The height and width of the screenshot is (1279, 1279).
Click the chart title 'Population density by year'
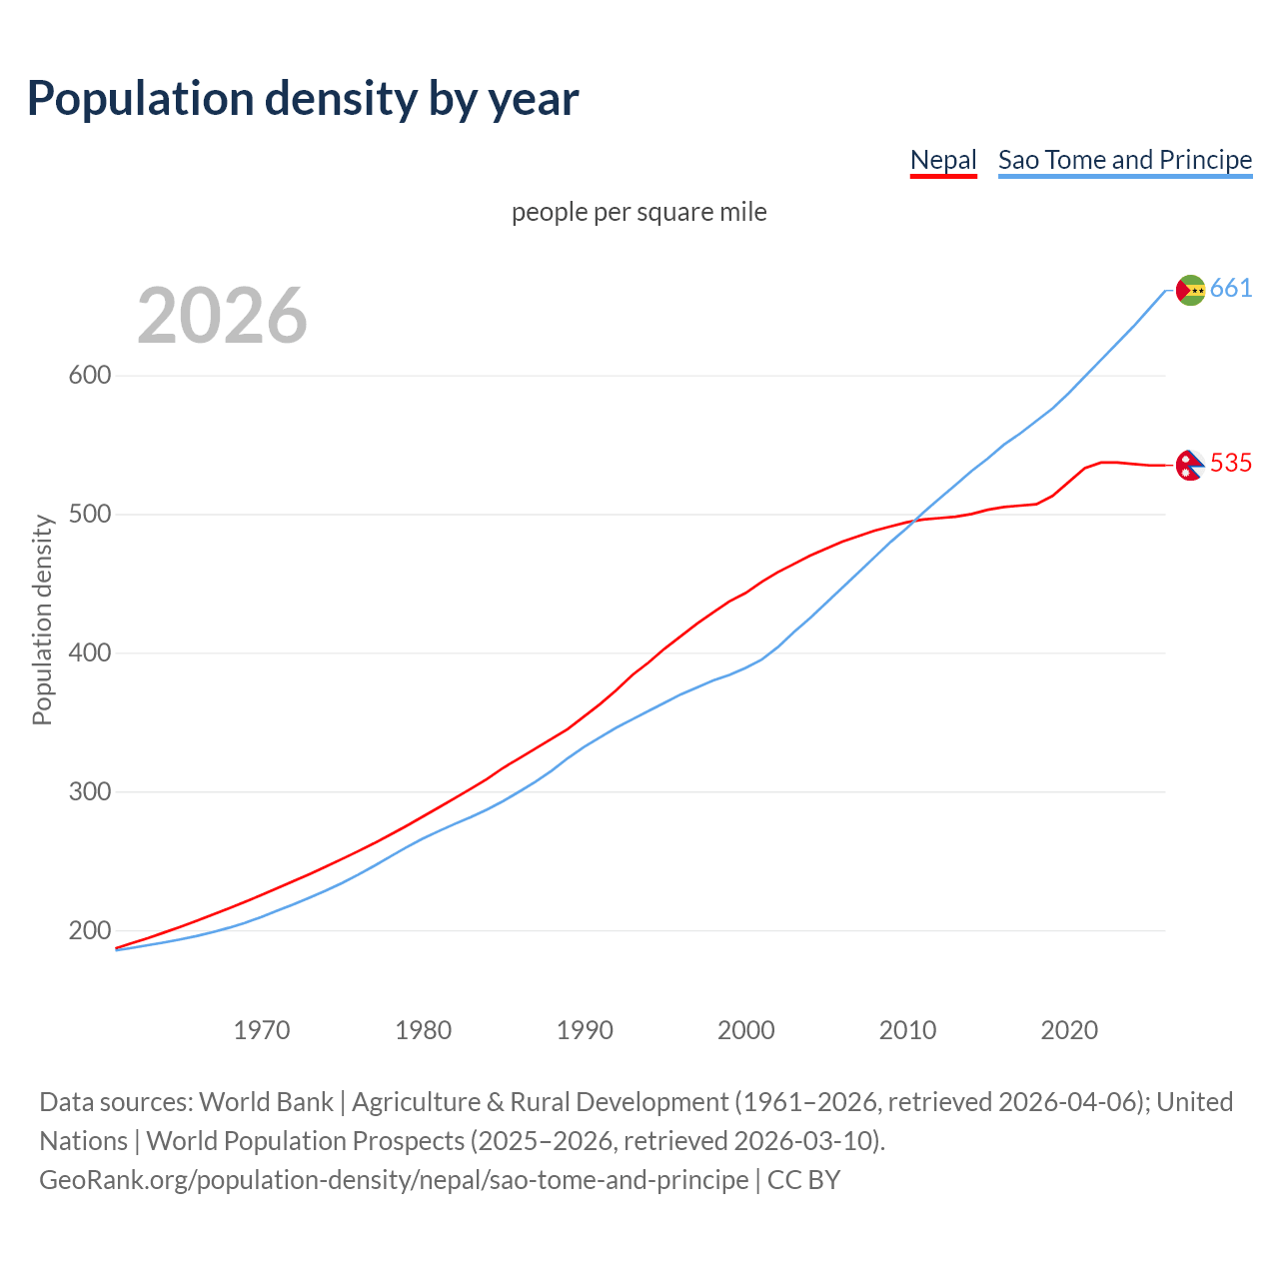coord(303,98)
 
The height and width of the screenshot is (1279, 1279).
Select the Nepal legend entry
coord(942,160)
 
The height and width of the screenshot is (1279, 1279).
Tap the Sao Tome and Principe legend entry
coord(1124,160)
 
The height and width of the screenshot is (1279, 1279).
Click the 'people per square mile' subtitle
coord(639,212)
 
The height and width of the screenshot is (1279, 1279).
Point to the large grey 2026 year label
coord(222,316)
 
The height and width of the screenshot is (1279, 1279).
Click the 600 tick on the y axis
coord(89,376)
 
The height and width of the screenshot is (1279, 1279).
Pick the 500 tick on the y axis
coord(89,515)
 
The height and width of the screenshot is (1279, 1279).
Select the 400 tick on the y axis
coord(89,653)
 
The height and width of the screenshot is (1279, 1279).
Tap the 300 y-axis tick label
coord(89,792)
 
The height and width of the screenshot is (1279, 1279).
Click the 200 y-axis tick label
coord(89,931)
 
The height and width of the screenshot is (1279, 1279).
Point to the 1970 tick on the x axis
coord(262,1030)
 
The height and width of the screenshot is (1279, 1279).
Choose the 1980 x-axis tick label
coord(424,1030)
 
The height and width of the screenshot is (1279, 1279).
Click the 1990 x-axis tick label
coord(585,1030)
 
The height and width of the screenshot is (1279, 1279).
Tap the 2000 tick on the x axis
coord(746,1030)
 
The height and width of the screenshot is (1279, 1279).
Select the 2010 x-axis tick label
coord(907,1030)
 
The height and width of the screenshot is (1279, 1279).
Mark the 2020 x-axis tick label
coord(1069,1030)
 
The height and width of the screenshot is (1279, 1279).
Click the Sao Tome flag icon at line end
coord(1190,290)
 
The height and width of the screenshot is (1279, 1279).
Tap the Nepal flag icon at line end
coord(1189,465)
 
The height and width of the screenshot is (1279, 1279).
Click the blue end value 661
coord(1231,289)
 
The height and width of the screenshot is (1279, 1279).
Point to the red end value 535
coord(1231,464)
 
